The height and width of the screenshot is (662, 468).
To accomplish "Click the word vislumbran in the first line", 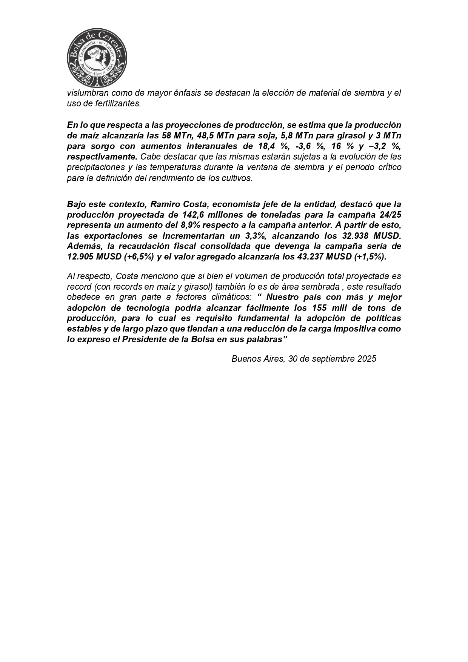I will (x=86, y=93).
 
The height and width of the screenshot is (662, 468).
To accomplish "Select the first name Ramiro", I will (x=165, y=204).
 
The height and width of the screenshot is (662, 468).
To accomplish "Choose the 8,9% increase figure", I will (x=200, y=226).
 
